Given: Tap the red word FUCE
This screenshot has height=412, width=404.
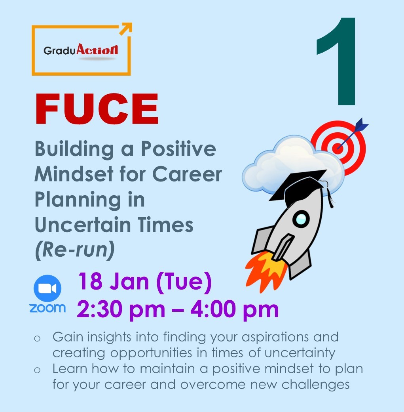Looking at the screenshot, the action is [97, 109].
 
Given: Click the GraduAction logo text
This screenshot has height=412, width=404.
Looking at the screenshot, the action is [81, 50].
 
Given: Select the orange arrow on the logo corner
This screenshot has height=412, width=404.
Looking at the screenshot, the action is [126, 29].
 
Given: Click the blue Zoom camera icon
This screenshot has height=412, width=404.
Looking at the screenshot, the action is [47, 288].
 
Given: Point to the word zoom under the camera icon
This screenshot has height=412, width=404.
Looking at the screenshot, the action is [47, 308].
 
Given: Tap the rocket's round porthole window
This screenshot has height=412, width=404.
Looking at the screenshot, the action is [301, 219].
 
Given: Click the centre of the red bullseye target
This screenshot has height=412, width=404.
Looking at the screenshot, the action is [338, 148].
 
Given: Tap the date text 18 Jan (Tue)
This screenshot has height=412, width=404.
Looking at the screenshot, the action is [145, 282].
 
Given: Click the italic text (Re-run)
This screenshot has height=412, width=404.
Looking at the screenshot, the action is [75, 250].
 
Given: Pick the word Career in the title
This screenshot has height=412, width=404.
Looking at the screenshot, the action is [187, 174].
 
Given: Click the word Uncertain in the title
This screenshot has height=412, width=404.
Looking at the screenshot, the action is [83, 225].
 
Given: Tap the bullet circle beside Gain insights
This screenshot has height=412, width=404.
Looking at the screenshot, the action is [37, 338].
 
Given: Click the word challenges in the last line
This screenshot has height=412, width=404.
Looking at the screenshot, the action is [315, 385].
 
